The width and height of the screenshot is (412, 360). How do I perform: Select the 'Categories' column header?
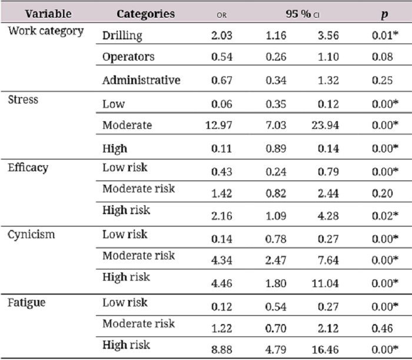tap(145, 14)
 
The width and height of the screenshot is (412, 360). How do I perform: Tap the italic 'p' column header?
tap(383, 14)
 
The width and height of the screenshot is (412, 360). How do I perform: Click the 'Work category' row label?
tap(45, 31)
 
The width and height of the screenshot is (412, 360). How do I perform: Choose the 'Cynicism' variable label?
tap(31, 235)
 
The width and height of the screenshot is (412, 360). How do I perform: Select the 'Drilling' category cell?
tap(122, 35)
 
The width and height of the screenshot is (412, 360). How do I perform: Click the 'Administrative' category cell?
tap(141, 80)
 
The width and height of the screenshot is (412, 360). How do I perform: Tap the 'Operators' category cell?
tap(128, 58)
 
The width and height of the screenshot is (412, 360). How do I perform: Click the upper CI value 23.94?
tap(325, 125)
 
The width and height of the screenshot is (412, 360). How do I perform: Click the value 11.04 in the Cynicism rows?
tap(325, 284)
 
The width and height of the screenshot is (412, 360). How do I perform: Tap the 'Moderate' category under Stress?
tap(127, 125)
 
